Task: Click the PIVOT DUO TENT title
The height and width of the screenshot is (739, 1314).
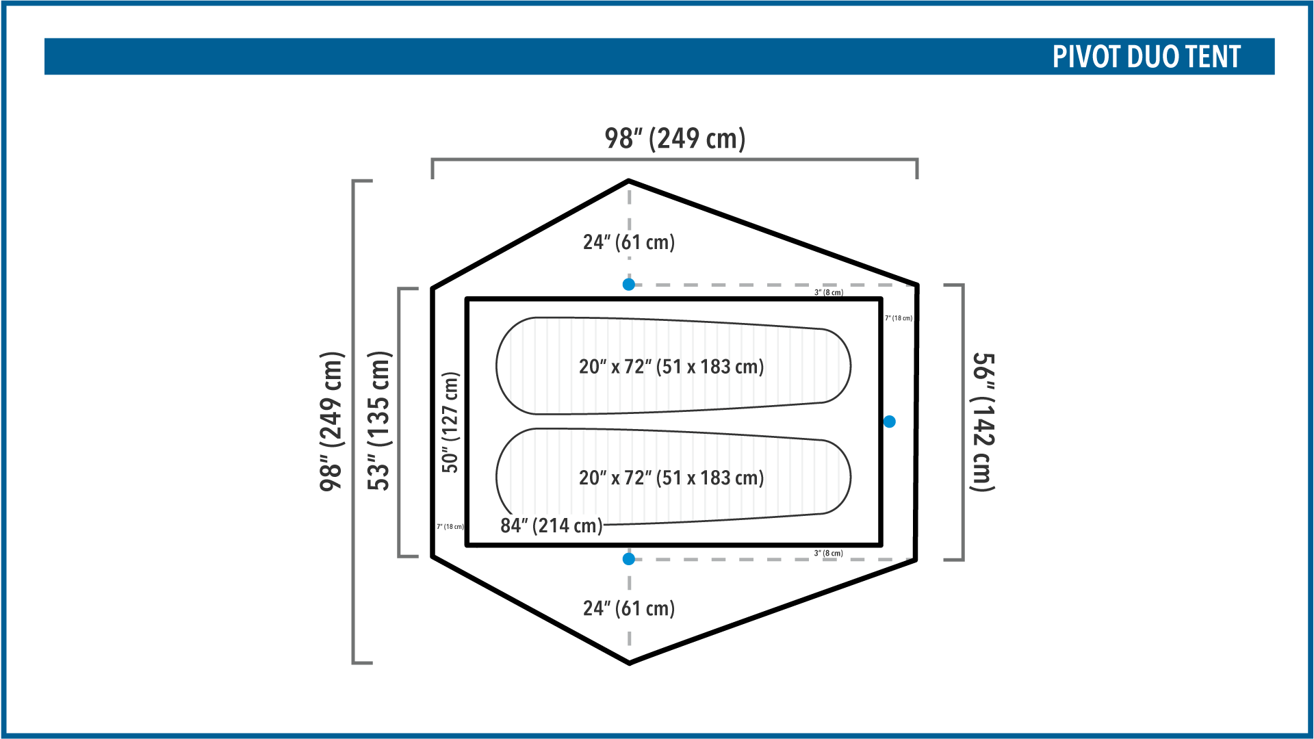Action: [x=1146, y=57]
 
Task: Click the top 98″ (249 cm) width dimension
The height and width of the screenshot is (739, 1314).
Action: [x=675, y=138]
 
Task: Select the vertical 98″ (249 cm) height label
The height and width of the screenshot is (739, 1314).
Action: [x=332, y=422]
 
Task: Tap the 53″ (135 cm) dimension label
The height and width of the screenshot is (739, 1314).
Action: [x=378, y=421]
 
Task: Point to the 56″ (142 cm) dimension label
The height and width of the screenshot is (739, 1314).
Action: [x=983, y=422]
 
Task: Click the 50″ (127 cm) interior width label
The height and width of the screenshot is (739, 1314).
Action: [x=450, y=422]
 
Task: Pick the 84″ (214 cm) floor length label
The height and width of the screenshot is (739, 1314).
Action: [x=552, y=526]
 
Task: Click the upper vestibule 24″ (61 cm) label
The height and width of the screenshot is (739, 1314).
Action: [x=629, y=242]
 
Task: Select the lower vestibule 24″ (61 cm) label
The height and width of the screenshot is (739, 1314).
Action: [x=629, y=608]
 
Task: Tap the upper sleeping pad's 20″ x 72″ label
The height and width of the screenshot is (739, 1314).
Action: [x=671, y=367]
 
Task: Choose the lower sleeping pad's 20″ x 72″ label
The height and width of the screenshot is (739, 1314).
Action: [x=671, y=478]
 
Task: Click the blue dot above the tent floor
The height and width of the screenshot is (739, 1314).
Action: [x=629, y=285]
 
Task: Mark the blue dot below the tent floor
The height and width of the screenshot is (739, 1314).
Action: [x=629, y=559]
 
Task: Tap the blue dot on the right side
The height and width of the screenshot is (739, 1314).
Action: [x=890, y=422]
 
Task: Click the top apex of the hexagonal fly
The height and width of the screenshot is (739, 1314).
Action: [x=628, y=181]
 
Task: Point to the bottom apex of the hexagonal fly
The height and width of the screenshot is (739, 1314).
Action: [x=629, y=663]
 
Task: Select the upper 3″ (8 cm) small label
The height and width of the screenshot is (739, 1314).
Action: [x=829, y=293]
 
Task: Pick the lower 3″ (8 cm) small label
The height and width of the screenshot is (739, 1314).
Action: [x=829, y=553]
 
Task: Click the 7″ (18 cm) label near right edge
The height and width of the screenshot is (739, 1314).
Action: [x=899, y=318]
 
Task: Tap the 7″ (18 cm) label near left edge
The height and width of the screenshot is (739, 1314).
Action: [x=450, y=527]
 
